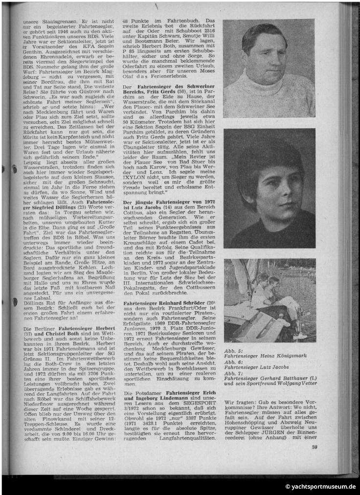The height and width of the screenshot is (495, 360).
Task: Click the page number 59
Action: pos(315,460)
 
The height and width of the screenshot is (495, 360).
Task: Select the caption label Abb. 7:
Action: pos(233,372)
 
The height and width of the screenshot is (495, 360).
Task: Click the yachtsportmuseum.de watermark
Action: pos(320,487)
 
